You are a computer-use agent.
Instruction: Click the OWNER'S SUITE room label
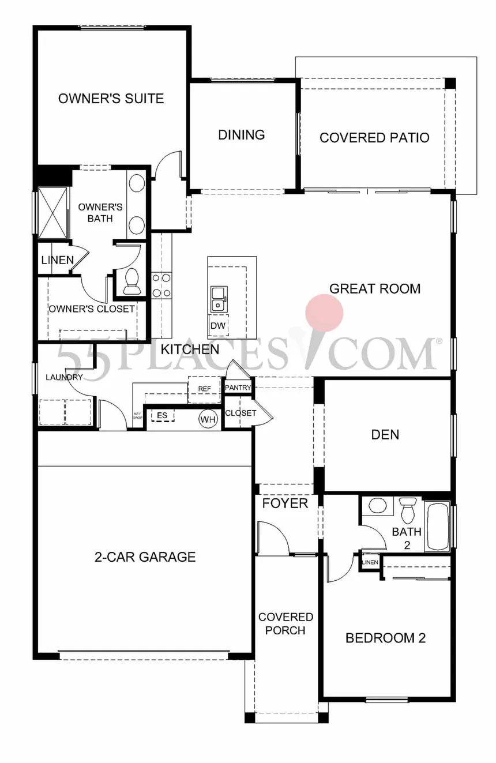[111, 99]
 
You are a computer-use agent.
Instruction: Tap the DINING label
[241, 135]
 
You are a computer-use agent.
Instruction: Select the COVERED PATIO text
[374, 138]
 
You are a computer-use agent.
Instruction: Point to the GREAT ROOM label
[374, 288]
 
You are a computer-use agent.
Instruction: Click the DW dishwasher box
[217, 326]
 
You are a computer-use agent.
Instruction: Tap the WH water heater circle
[207, 419]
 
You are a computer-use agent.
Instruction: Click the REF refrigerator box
[205, 389]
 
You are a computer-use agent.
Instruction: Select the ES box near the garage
[162, 415]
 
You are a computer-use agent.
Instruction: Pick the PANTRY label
[238, 388]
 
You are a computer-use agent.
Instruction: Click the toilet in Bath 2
[408, 510]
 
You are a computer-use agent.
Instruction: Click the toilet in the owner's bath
[132, 279]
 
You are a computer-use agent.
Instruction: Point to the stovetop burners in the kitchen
[161, 285]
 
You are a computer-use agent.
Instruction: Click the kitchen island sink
[218, 298]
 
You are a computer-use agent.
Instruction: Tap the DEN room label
[385, 434]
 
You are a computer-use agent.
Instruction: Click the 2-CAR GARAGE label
[145, 557]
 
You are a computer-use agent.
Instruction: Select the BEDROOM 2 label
[385, 638]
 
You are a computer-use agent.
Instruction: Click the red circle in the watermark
[325, 313]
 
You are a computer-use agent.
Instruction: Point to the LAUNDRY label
[64, 378]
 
